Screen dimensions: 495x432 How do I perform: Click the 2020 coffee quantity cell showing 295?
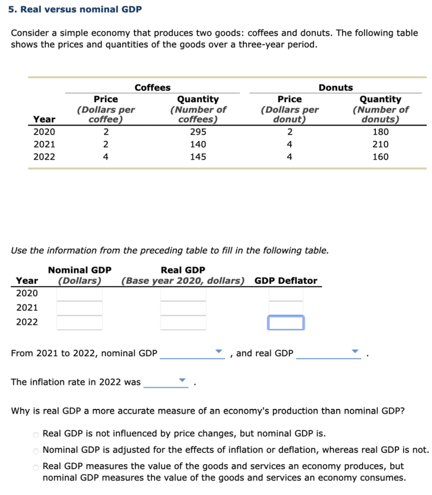click(198, 132)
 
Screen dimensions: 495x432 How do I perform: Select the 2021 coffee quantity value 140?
click(198, 144)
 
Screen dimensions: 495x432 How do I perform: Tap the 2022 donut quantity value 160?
click(381, 157)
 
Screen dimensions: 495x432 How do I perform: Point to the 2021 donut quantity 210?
click(381, 144)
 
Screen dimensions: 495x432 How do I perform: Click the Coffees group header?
click(152, 87)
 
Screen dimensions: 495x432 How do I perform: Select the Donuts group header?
click(335, 87)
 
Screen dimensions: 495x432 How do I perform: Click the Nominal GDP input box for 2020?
click(80, 293)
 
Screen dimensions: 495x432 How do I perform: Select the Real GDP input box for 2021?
click(183, 308)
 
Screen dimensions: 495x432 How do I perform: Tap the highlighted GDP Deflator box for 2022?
click(286, 322)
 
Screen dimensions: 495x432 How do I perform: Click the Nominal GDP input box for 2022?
click(80, 322)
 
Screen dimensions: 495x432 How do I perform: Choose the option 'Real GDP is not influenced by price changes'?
click(36, 434)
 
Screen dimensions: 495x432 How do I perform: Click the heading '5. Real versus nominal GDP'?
click(75, 9)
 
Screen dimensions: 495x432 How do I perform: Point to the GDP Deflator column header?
click(286, 281)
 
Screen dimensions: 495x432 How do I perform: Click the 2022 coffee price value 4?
click(106, 157)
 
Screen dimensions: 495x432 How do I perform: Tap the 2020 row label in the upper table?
click(44, 132)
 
